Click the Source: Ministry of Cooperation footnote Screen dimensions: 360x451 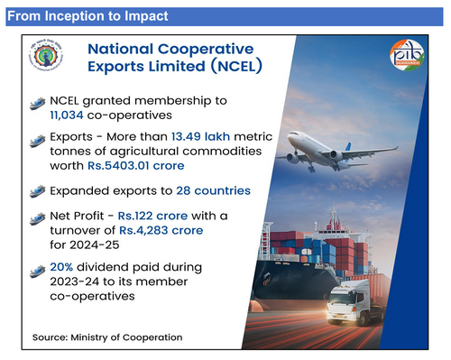[x=107, y=337]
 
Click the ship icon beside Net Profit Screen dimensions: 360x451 [x=38, y=216]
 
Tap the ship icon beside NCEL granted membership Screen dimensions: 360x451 [x=38, y=100]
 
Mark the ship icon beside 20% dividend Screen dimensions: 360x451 [x=38, y=269]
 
